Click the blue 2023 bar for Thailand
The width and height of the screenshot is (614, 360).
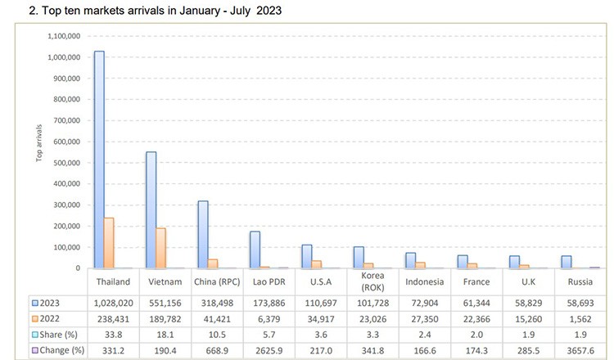click(99, 160)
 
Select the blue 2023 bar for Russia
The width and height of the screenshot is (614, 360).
click(566, 262)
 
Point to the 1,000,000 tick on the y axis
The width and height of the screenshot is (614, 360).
click(63, 57)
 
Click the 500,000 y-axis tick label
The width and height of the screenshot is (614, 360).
click(66, 163)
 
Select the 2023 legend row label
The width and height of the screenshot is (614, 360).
click(50, 302)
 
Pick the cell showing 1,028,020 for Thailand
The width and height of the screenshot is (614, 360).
click(114, 302)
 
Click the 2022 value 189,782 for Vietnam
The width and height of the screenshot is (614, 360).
click(165, 318)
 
